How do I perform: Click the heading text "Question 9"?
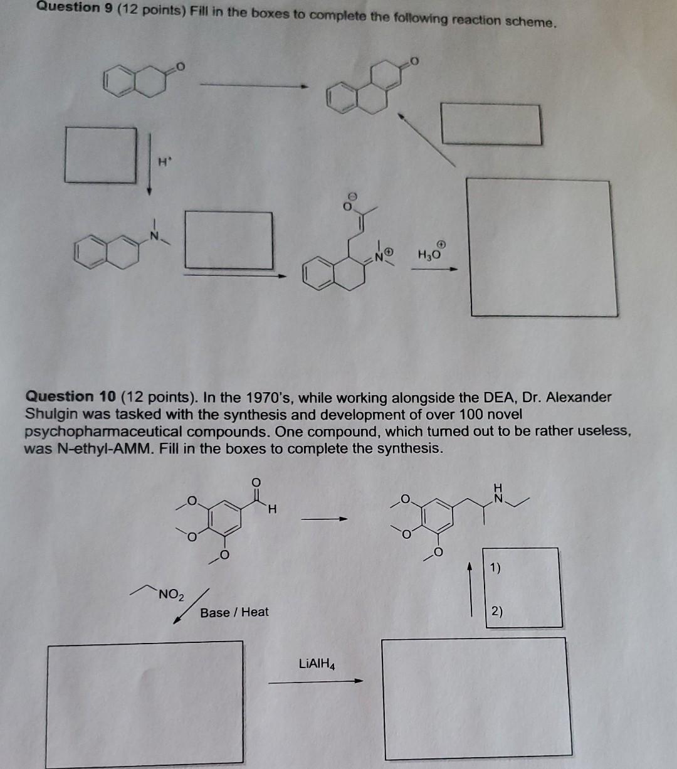pos(68,8)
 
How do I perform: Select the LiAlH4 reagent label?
pos(317,664)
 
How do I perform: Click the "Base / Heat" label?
pos(234,612)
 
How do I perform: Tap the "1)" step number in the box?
pos(495,568)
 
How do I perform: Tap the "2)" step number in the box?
pos(496,611)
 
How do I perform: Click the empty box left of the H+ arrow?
pos(101,154)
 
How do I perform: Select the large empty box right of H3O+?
pos(541,247)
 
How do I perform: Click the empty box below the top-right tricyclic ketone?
pos(491,124)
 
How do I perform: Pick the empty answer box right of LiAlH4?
pos(477,697)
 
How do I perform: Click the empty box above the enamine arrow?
pos(229,240)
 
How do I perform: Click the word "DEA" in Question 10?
pos(500,397)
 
